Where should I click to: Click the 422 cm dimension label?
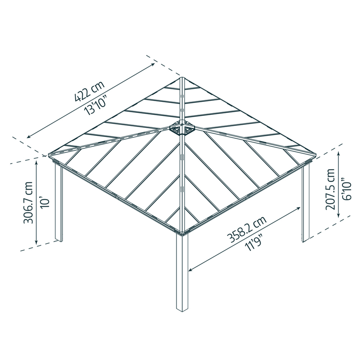coord(90,91)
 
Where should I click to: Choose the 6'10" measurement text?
coord(346,189)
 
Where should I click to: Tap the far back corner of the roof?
coord(181,77)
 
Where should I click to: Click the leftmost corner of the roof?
coord(49,154)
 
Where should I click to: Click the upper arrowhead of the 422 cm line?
coord(153,64)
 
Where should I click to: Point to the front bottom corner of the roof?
coord(182,233)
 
